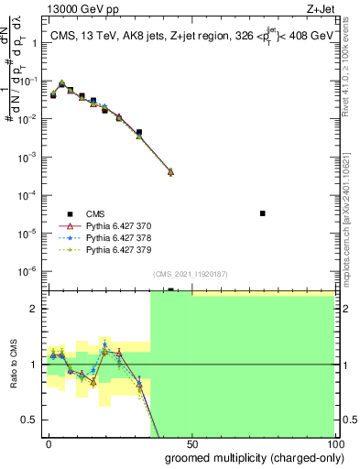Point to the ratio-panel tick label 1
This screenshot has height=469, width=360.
click(x=38, y=365)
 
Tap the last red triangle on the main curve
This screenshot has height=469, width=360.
click(x=170, y=172)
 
